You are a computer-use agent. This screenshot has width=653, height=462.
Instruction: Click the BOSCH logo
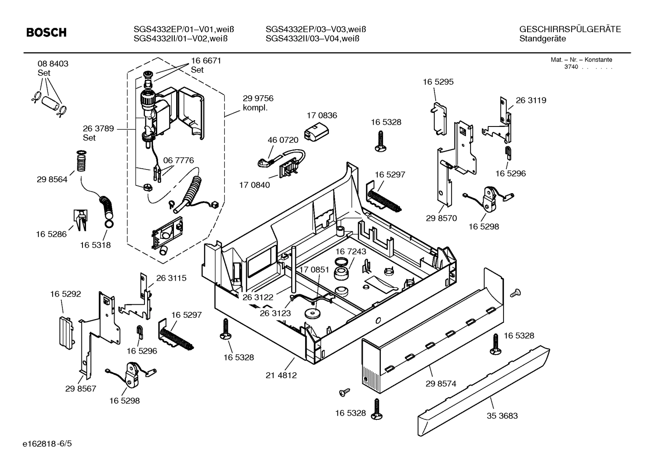tap(46, 33)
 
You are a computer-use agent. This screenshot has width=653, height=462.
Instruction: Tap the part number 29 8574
tap(441, 384)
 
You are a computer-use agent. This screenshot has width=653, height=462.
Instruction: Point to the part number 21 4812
tap(281, 375)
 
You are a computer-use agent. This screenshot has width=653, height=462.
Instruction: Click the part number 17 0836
tap(322, 116)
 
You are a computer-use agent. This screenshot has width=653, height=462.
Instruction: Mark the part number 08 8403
tap(53, 64)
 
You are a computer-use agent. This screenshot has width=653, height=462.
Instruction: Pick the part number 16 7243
tap(351, 251)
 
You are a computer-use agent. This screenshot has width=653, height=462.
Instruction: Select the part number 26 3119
tap(531, 101)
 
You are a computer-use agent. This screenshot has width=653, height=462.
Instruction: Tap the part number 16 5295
tap(438, 82)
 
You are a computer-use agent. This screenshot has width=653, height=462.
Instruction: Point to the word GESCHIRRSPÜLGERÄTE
tap(570, 29)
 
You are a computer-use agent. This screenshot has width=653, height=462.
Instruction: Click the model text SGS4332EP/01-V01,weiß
tap(184, 29)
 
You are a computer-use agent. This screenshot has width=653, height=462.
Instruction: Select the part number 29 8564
tap(52, 180)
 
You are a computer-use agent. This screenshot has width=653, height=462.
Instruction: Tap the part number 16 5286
tap(51, 234)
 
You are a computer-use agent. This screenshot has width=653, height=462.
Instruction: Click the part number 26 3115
tap(171, 278)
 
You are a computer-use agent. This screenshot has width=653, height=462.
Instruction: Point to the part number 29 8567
tap(81, 389)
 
